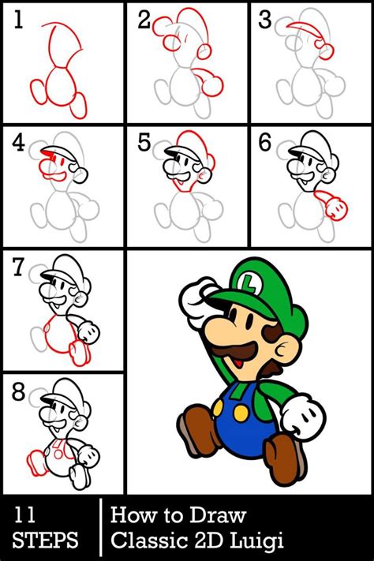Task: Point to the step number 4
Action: [19, 144]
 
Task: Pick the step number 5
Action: [144, 144]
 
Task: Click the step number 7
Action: [18, 269]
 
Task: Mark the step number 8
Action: [18, 392]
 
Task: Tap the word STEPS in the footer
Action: [46, 540]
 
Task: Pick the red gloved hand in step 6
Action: [338, 207]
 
